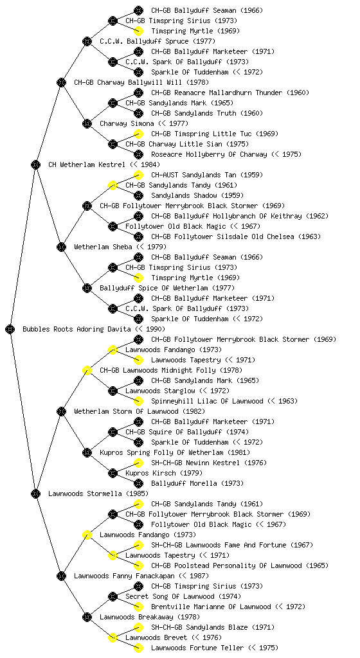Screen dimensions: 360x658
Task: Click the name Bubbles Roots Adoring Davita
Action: click(x=76, y=329)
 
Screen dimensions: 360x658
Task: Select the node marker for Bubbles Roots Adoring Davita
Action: click(x=10, y=329)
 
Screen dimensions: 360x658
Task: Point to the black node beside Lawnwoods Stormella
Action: click(x=35, y=493)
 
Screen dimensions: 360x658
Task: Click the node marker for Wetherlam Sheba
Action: click(x=61, y=247)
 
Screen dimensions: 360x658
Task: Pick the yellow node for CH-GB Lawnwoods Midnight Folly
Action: click(x=87, y=370)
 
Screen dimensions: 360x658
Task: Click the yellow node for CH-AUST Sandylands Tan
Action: click(x=138, y=175)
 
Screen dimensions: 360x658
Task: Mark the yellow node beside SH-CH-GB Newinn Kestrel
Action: click(x=138, y=463)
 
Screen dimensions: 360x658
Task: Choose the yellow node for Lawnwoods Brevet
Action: click(x=113, y=637)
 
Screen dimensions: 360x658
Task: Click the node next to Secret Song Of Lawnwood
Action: click(x=113, y=596)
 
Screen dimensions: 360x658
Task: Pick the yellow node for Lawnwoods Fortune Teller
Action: click(x=138, y=648)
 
